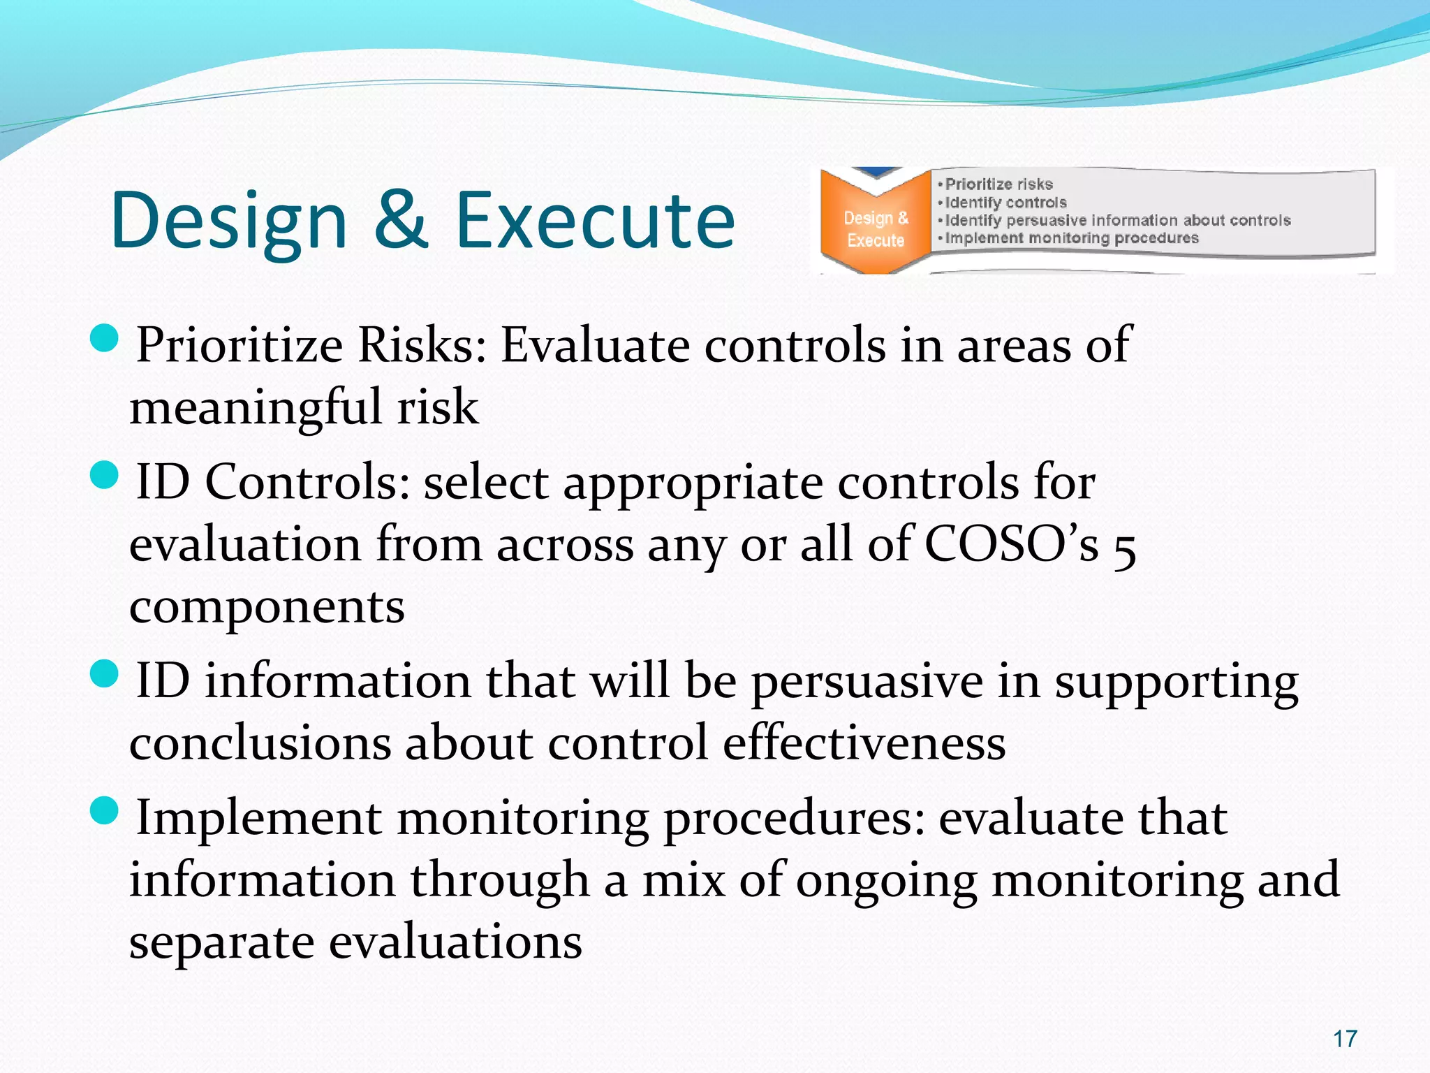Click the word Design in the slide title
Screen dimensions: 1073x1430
(x=229, y=221)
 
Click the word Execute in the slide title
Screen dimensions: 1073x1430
(x=595, y=221)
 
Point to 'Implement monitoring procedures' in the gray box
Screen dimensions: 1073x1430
(x=1071, y=238)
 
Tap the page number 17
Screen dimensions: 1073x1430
(x=1345, y=1039)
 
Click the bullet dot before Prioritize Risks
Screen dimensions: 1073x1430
(x=105, y=340)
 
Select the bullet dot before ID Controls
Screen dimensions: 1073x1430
(x=105, y=477)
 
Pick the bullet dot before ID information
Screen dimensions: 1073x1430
(x=105, y=675)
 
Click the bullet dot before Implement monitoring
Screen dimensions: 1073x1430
(x=105, y=812)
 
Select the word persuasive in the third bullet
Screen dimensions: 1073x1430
(x=867, y=682)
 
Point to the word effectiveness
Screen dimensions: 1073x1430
(x=864, y=743)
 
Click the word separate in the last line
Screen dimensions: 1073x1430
(x=221, y=942)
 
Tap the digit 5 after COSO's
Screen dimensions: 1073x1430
(x=1124, y=548)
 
